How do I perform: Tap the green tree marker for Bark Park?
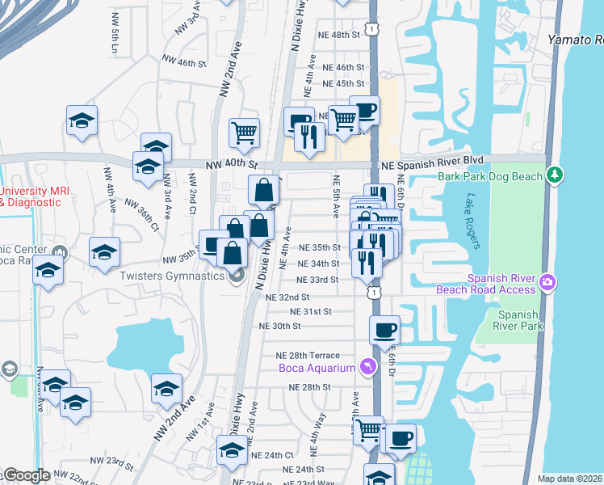coord(554,175)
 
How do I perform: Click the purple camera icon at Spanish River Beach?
coord(548,281)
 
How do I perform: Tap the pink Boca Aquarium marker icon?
coord(368,368)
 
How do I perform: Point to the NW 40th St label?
coord(229,164)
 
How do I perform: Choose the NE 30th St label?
coord(279,326)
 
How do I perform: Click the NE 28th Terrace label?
coord(313,356)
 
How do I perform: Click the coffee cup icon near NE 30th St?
coord(385,329)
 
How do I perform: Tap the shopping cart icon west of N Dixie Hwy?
coord(244,132)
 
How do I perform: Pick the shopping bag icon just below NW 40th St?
coord(265,191)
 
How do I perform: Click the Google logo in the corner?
coord(27,475)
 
